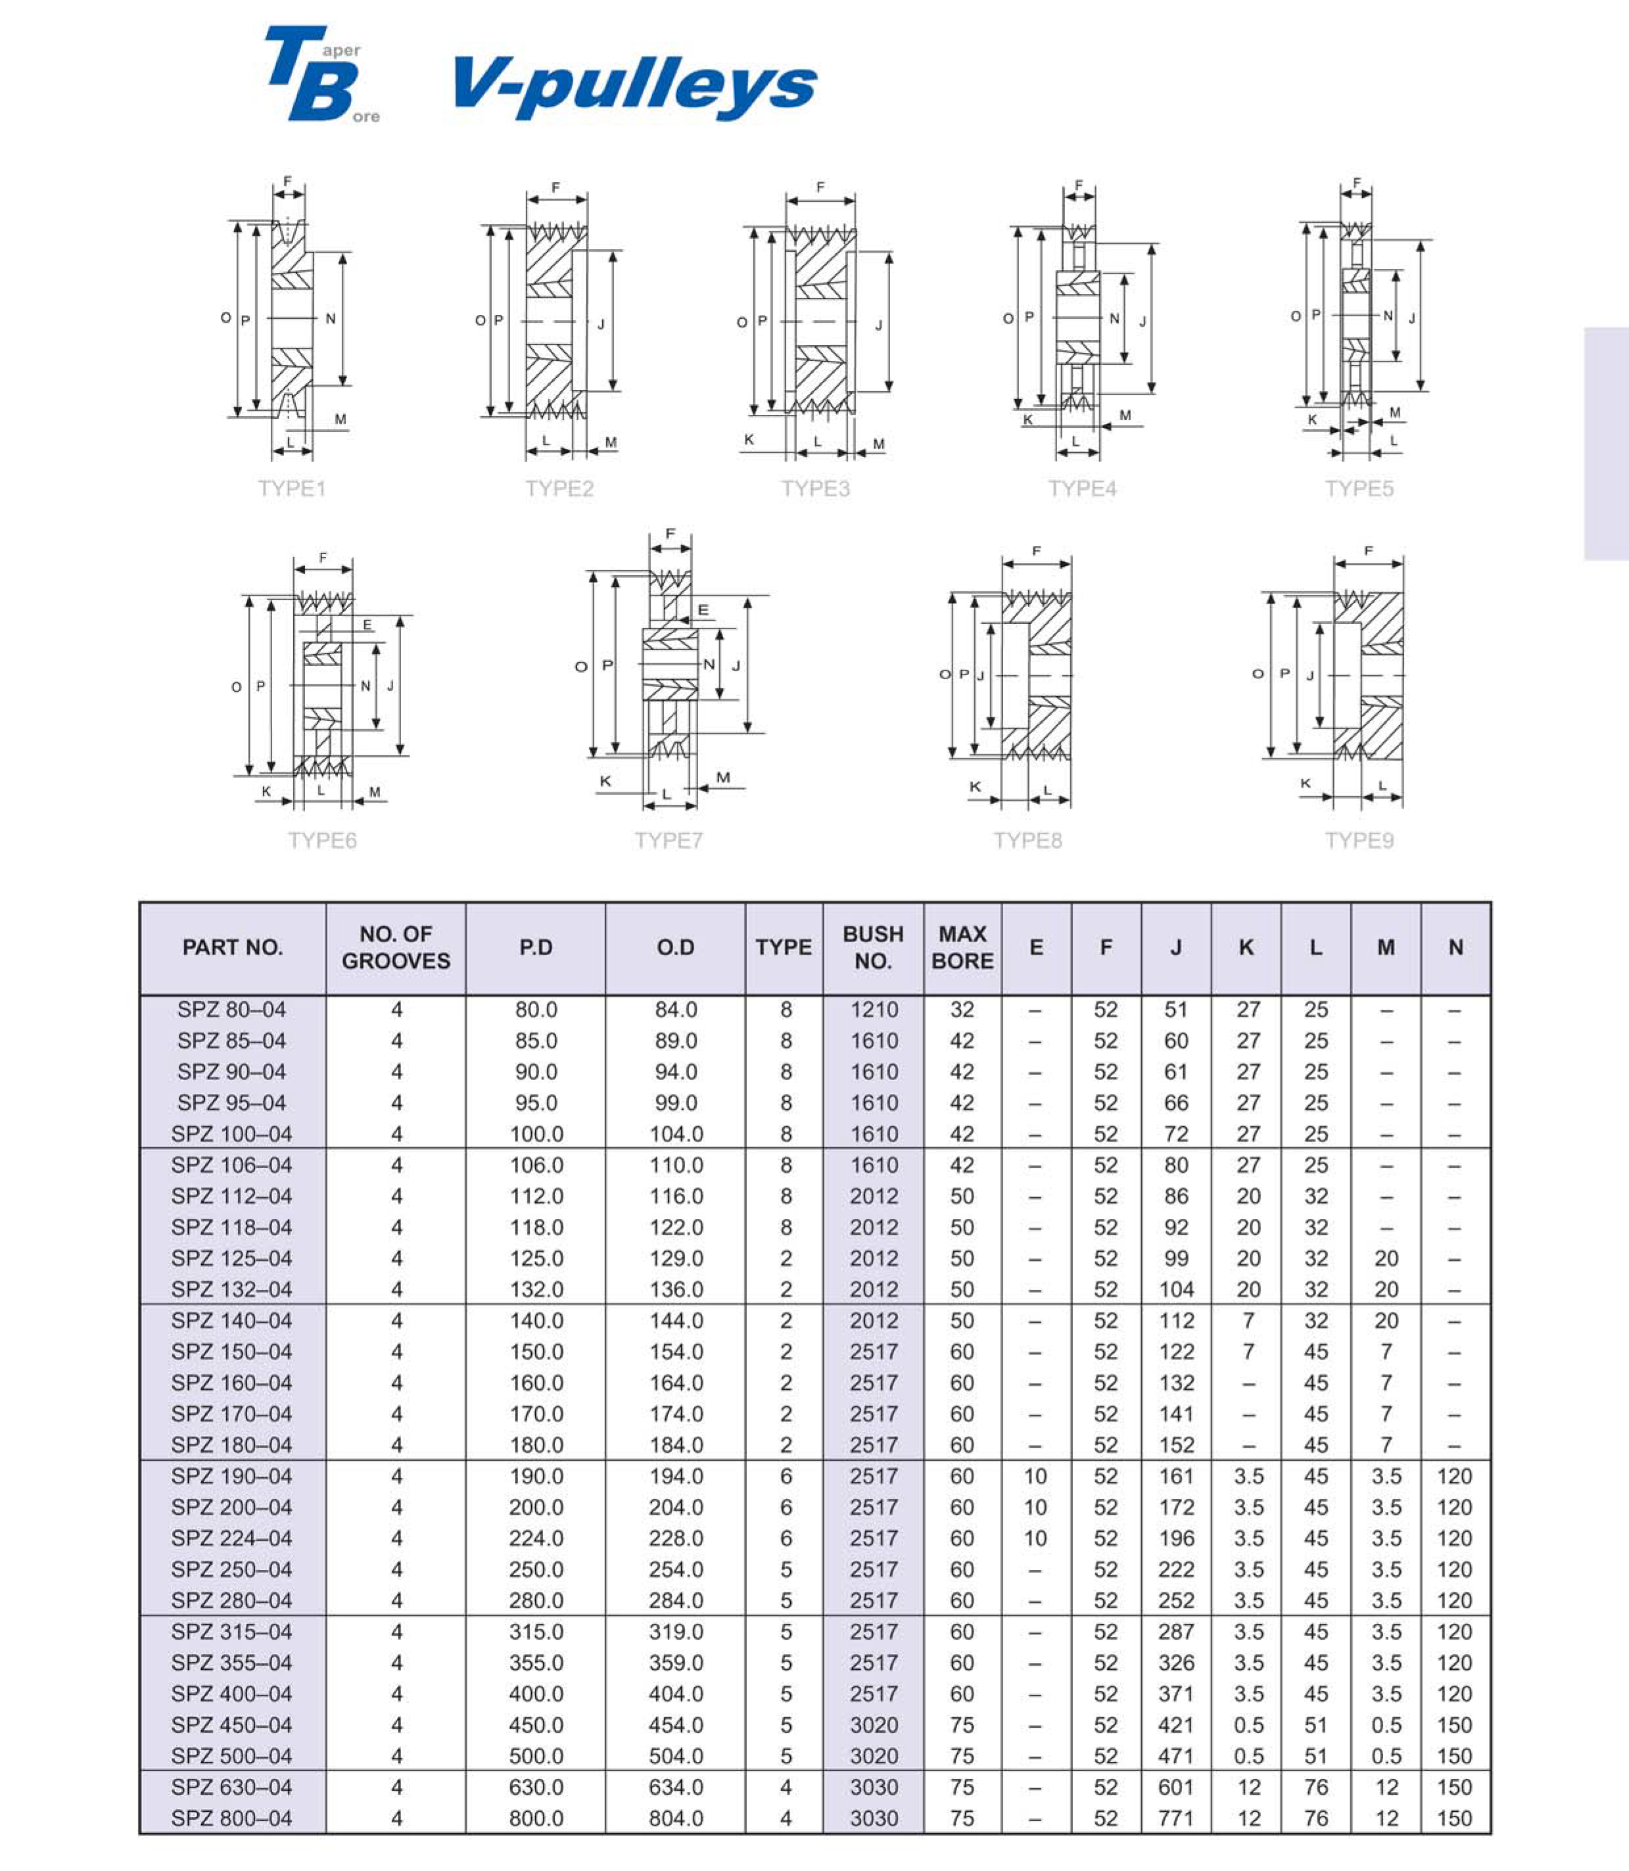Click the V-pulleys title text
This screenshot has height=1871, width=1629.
click(634, 85)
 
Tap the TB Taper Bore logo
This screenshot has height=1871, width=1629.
click(320, 74)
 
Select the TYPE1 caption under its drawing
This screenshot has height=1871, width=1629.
click(292, 488)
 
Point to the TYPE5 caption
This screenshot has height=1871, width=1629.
click(1359, 488)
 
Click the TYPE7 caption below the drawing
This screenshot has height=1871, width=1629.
click(669, 840)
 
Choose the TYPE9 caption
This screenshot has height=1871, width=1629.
click(1359, 840)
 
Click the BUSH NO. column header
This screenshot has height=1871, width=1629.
click(873, 947)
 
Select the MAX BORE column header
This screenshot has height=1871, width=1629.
click(962, 947)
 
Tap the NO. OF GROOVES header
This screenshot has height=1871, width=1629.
click(396, 947)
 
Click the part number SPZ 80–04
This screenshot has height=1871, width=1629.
click(232, 1010)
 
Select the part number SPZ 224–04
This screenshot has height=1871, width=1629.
click(232, 1538)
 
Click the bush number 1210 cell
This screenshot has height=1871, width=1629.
click(874, 1010)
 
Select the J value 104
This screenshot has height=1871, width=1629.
click(1176, 1289)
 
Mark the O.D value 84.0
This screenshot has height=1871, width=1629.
click(675, 1010)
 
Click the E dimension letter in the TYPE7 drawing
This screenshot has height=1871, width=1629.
click(703, 610)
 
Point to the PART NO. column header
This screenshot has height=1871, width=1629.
click(233, 947)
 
